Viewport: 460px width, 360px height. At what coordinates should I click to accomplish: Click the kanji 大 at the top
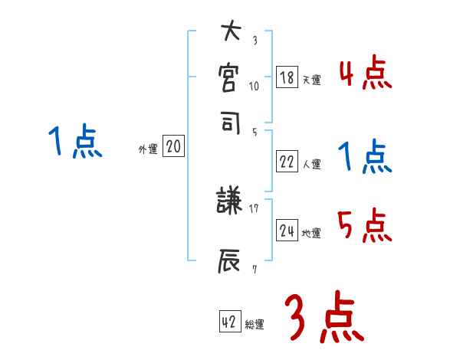[x=231, y=34]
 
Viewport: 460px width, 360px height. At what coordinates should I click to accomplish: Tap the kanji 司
[x=231, y=122]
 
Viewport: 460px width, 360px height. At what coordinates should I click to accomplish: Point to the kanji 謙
[x=231, y=201]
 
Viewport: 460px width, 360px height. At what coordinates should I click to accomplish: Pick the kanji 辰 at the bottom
[x=231, y=260]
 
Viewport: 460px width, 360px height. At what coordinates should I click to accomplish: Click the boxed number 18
[x=287, y=77]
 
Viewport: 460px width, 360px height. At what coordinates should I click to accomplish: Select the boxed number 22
[x=287, y=162]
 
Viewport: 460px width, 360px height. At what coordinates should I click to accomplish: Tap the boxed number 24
[x=287, y=231]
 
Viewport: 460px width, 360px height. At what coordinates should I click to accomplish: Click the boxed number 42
[x=229, y=322]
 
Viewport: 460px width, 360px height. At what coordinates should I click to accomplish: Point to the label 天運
[x=312, y=80]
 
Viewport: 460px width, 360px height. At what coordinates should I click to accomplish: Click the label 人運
[x=312, y=164]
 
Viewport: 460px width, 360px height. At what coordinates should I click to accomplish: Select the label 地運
[x=312, y=233]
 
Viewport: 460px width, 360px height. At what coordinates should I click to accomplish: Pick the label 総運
[x=255, y=324]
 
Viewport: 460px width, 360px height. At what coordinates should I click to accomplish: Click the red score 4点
[x=366, y=74]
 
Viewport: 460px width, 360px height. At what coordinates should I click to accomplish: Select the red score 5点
[x=366, y=226]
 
